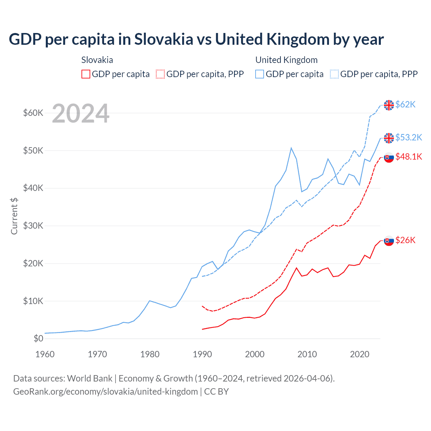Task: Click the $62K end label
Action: [405, 105]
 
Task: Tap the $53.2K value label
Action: [408, 137]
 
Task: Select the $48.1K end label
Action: [408, 157]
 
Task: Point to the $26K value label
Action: [405, 240]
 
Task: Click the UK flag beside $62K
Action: [389, 105]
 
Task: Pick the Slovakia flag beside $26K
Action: [389, 241]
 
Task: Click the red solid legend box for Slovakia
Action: [86, 74]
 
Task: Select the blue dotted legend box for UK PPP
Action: [334, 74]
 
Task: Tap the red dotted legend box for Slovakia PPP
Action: [160, 74]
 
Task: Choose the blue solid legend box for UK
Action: [260, 74]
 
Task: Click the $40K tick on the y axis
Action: [33, 188]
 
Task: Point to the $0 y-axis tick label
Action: [38, 339]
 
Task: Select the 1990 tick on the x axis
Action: [202, 354]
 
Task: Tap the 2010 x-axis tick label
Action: [307, 354]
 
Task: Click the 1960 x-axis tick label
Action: [45, 354]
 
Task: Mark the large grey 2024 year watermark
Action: [81, 114]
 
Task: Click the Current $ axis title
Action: [14, 216]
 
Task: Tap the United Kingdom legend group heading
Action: [287, 60]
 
